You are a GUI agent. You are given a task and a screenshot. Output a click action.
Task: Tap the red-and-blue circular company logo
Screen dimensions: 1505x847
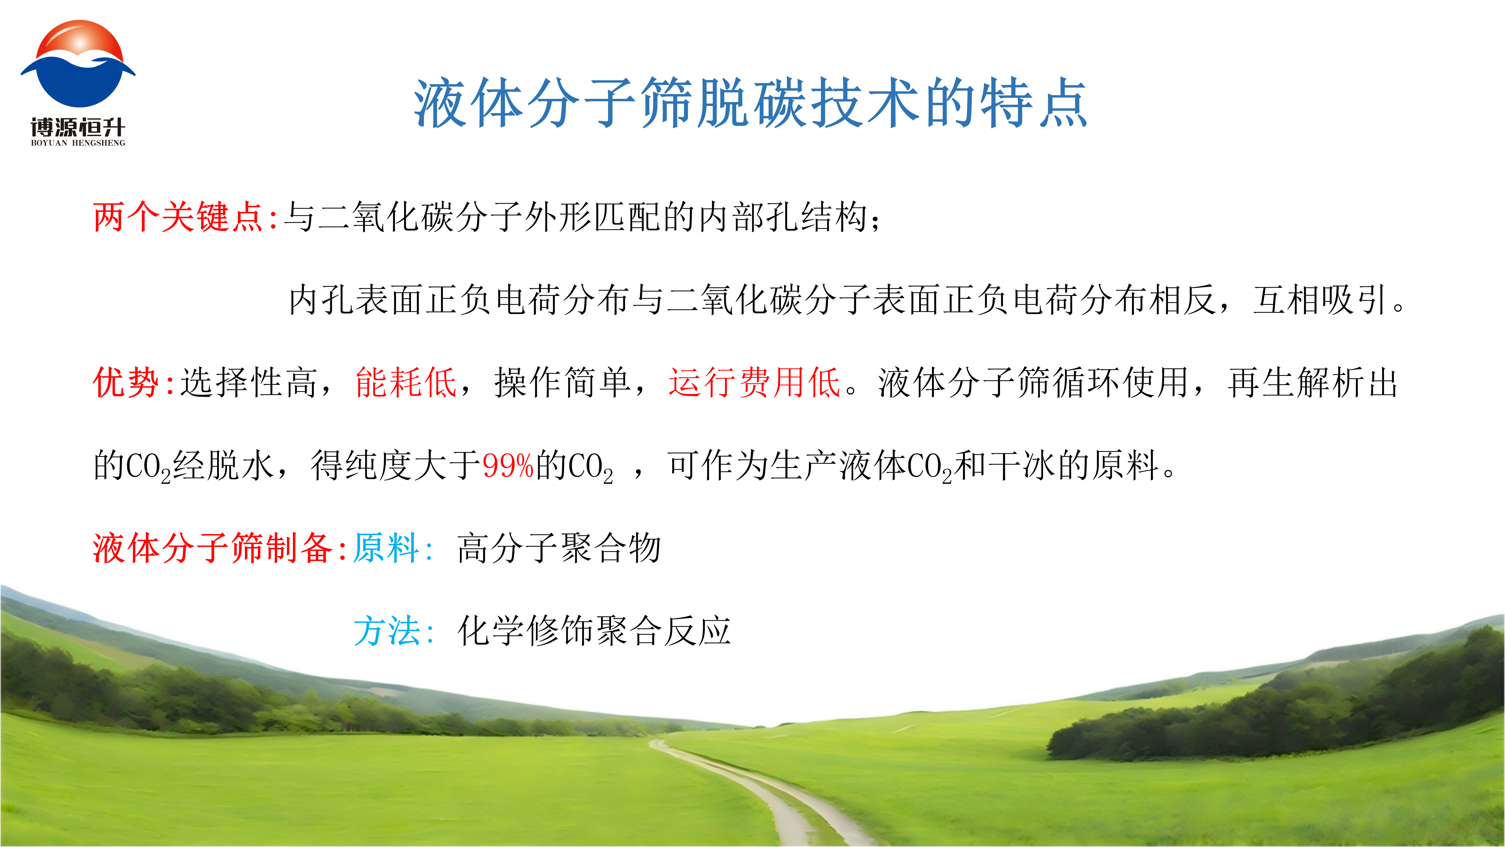[x=78, y=64]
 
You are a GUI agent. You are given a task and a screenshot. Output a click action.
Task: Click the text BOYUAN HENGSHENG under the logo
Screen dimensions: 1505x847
[x=78, y=143]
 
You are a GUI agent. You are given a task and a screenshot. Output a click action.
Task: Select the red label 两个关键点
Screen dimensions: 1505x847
[x=178, y=217]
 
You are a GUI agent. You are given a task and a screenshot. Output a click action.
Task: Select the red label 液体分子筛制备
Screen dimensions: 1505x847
[x=212, y=548]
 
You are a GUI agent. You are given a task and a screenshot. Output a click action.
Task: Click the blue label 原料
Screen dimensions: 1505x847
[x=386, y=548]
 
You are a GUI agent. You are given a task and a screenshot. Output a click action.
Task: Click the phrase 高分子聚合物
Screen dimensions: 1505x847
[x=559, y=548]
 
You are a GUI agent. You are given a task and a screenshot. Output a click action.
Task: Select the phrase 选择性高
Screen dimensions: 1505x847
[x=249, y=383]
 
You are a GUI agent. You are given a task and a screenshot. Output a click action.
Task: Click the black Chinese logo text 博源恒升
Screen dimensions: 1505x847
[x=78, y=127]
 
